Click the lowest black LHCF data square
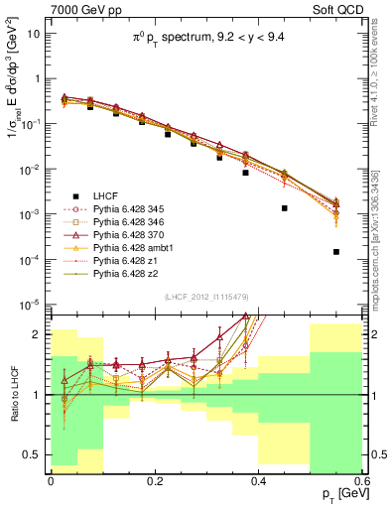(x=336, y=252)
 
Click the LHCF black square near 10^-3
(x=284, y=208)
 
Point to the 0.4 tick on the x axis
(x=258, y=473)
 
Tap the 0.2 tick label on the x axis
(x=154, y=483)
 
